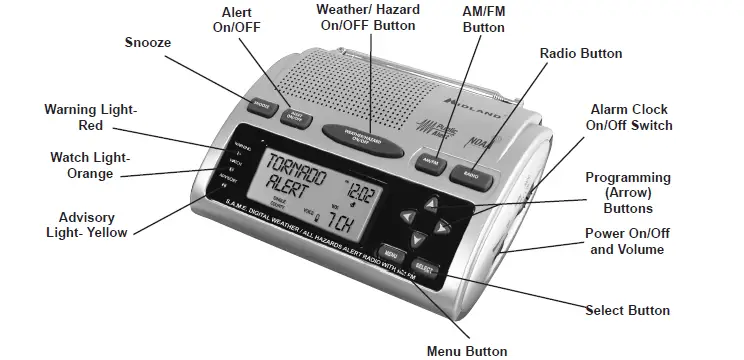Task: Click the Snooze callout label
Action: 148,42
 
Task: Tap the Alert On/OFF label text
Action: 236,19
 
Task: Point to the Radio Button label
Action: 581,53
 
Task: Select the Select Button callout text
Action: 627,310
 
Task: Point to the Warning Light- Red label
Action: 91,117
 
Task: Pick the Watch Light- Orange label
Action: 91,165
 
